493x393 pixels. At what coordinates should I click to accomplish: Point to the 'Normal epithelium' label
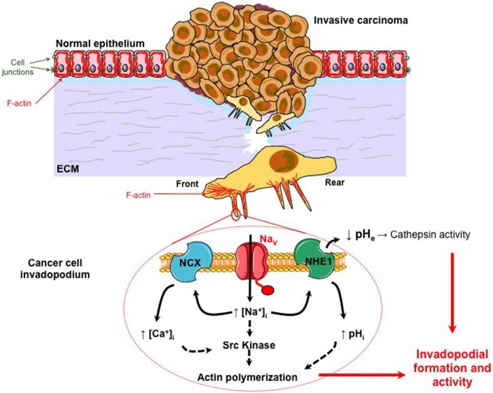(100, 43)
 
